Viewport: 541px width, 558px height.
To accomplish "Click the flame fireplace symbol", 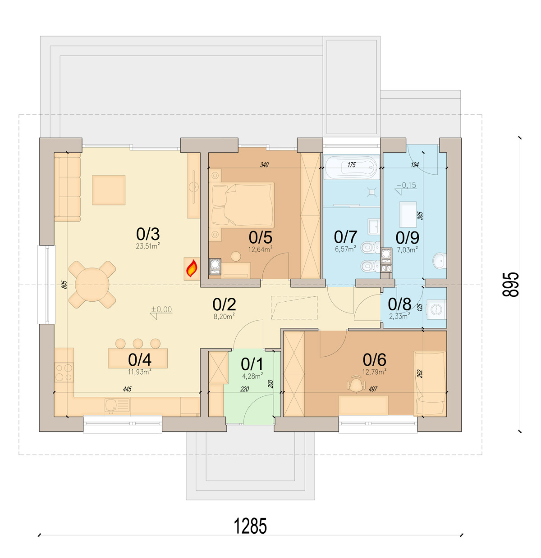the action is pos(192,268).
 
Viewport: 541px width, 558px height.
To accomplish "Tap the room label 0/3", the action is pos(147,234).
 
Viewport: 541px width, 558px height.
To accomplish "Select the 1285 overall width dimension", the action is pos(250,526).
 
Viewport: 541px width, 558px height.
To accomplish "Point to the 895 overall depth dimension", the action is pos(511,285).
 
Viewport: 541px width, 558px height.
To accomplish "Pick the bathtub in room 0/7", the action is pos(351,167).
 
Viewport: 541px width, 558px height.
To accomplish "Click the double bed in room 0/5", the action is pos(243,204).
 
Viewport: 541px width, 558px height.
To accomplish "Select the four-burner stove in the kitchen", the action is pos(64,372).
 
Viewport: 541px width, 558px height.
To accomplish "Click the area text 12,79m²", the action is pos(374,372).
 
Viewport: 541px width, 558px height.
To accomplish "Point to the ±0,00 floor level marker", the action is pos(161,312).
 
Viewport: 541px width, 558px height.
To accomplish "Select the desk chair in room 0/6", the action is pos(356,382).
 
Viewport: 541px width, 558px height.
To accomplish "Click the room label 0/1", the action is pos(252,364).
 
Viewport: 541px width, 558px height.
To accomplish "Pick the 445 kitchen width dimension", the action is pos(127,389).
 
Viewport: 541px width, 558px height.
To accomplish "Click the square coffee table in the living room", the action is pos(109,190).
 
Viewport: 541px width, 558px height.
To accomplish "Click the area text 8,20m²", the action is pos(224,316).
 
